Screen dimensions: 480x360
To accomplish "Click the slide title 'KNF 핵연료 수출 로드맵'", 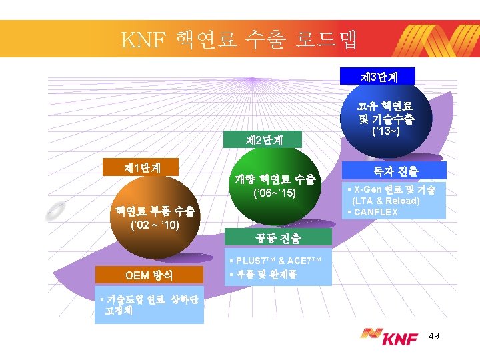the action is tap(239, 39).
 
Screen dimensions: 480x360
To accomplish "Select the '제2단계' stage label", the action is tap(264, 141).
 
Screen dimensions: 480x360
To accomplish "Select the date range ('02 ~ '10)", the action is tap(154, 225).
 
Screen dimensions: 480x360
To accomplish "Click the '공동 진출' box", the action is tap(278, 237).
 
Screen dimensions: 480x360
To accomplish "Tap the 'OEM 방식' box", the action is tap(148, 275).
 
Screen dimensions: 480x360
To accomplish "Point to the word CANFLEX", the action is tap(377, 212).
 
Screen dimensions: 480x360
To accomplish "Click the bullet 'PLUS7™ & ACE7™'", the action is tap(278, 261).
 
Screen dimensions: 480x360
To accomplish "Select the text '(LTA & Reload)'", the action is tap(386, 201).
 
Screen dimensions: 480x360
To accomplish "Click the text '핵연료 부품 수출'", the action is tap(154, 211).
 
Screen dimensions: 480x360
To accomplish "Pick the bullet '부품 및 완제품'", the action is tap(265, 274).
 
